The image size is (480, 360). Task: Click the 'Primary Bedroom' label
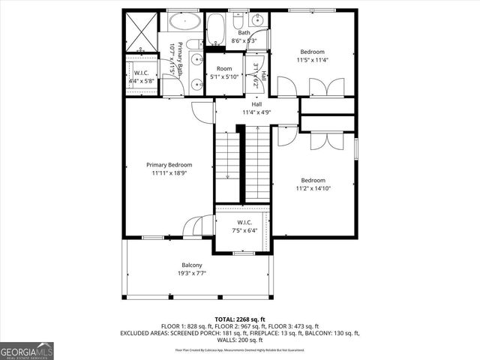coord(169,165)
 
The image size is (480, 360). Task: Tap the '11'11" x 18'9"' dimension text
coord(169,172)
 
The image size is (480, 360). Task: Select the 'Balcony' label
coord(191,265)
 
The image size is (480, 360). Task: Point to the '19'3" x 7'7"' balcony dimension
coord(191,273)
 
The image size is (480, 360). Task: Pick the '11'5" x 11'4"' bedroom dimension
coord(312,59)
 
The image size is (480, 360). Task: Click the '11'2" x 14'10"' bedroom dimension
coord(313,188)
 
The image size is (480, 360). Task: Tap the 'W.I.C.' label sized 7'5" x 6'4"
coord(243,222)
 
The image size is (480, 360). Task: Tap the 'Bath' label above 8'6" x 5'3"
coord(244,33)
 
